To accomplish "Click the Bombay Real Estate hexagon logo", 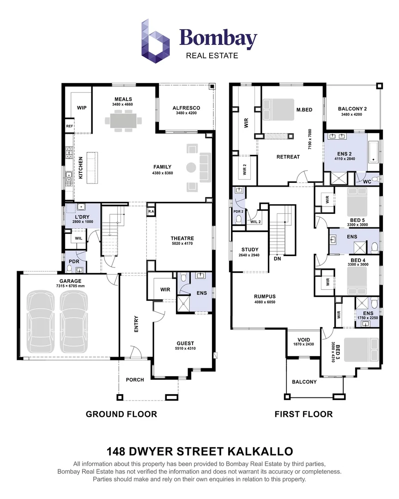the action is pos(155,41).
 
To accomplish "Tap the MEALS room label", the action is pos(123,99).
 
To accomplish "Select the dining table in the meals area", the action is pos(123,121).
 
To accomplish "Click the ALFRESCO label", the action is pos(186,108).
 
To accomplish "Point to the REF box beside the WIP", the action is pos(70,126).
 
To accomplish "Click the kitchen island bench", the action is pos(92,168).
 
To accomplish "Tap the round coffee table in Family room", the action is pos(191,167).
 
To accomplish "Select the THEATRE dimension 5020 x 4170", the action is pos(182,243).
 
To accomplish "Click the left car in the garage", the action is pos(41,322).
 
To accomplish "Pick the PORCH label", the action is pos(135,380).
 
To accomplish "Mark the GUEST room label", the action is pos(185,343).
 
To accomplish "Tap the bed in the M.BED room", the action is pos(278,109).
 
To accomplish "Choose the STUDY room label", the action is pos(250,249).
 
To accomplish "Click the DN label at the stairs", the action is pos(278,259).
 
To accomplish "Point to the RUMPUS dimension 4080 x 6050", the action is pos(265,302).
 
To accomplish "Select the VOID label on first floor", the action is pos(303,340).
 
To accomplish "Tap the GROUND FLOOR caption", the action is pos(121,414).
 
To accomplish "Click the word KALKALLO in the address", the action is pos(260,451).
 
